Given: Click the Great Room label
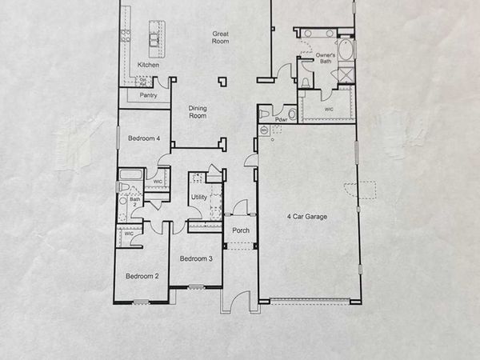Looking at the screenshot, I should pyautogui.click(x=221, y=38).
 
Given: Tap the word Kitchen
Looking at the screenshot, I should pyautogui.click(x=148, y=65).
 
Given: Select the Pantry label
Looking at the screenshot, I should pyautogui.click(x=148, y=96).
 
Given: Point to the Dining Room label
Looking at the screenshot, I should pyautogui.click(x=198, y=112).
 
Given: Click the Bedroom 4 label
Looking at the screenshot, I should pyautogui.click(x=144, y=138).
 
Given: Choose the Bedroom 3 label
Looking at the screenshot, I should pyautogui.click(x=195, y=258).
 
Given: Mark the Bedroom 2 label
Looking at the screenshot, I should pyautogui.click(x=142, y=276).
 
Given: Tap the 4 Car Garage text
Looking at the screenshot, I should pyautogui.click(x=307, y=216).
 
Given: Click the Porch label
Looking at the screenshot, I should pyautogui.click(x=241, y=230).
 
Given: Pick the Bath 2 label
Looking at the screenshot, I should pyautogui.click(x=135, y=202).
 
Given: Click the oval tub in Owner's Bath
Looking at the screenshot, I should pyautogui.click(x=345, y=49).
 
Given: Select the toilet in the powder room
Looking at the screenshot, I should pyautogui.click(x=291, y=114).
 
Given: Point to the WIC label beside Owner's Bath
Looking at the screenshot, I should pyautogui.click(x=329, y=109).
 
